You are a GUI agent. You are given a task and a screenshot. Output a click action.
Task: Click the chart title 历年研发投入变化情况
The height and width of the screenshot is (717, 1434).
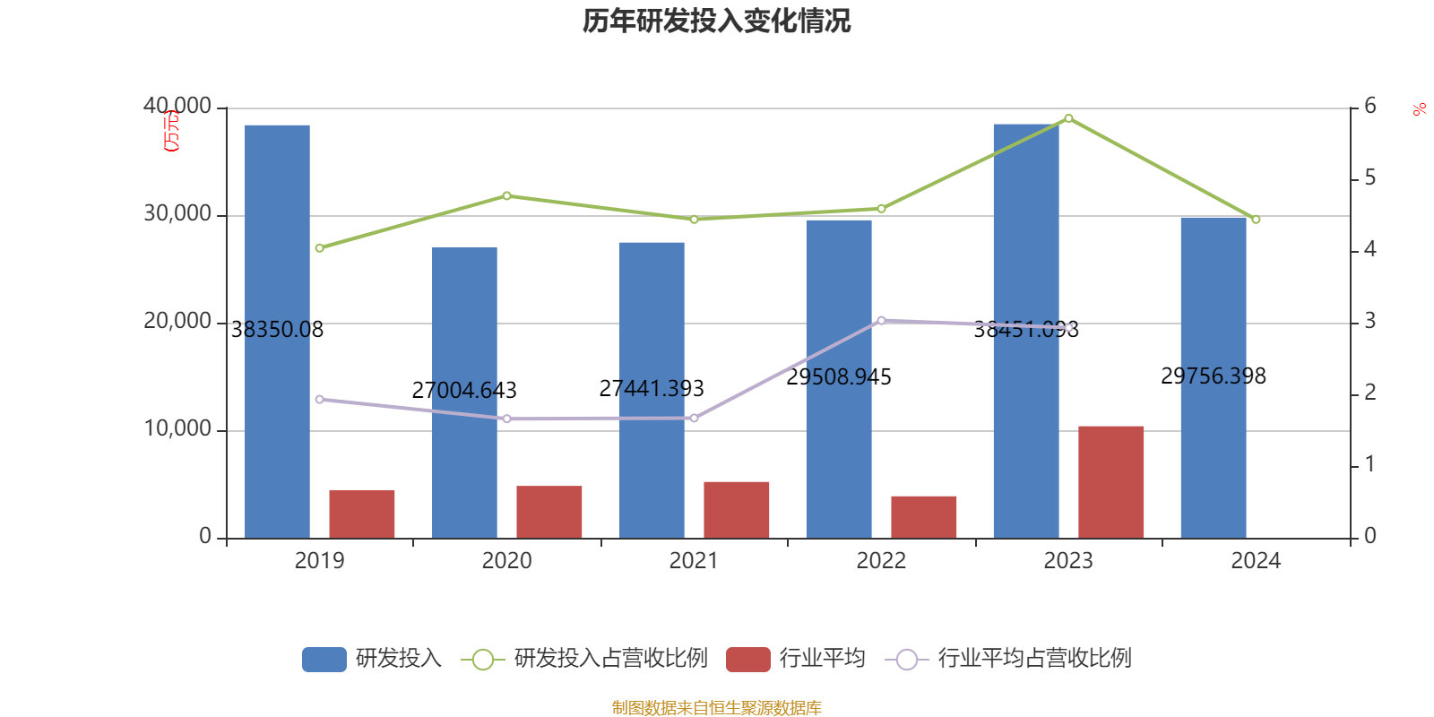tap(716, 21)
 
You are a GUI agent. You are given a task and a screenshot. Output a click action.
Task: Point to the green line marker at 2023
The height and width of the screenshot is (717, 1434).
tap(1068, 118)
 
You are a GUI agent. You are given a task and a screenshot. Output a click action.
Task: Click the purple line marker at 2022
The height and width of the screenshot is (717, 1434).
tap(881, 320)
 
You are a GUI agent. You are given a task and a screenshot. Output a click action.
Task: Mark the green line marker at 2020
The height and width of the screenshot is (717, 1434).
tap(506, 195)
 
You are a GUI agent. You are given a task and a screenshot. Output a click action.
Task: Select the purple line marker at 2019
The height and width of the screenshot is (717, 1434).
tap(319, 399)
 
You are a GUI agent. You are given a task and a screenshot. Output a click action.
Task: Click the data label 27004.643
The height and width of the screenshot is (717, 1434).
tap(464, 391)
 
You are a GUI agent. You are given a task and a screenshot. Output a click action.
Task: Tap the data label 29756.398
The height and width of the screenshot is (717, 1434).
tap(1214, 376)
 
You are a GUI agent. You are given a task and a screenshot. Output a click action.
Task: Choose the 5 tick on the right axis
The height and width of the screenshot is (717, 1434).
tap(1369, 178)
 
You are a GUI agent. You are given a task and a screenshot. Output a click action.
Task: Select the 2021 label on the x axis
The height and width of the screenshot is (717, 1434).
tap(694, 561)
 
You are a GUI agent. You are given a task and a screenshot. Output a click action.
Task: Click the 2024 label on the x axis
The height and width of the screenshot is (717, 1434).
tap(1256, 561)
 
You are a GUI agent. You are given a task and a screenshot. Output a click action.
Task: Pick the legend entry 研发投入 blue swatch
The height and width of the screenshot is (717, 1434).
tap(324, 660)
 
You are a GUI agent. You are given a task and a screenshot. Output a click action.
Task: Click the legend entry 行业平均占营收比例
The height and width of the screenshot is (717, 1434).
tap(1034, 659)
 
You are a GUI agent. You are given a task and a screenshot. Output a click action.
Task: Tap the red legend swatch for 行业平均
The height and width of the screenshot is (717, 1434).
tap(748, 660)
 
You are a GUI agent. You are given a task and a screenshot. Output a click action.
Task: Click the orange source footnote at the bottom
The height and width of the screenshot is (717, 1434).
tap(716, 708)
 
